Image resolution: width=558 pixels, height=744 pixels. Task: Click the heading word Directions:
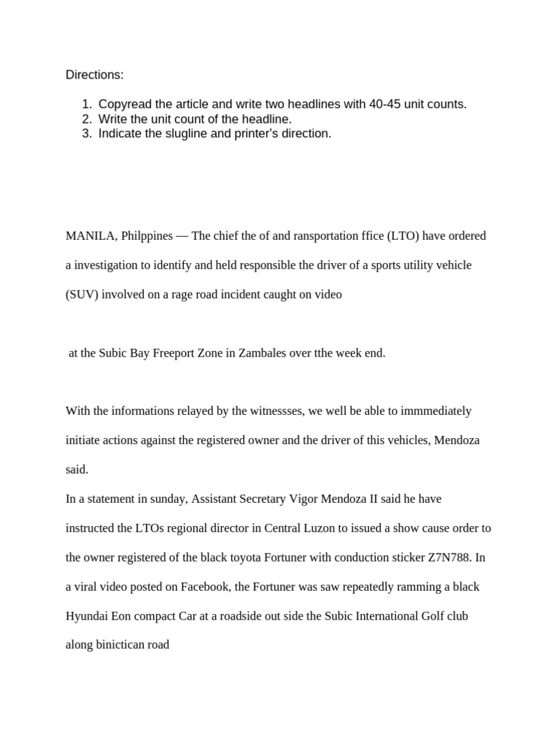pos(94,75)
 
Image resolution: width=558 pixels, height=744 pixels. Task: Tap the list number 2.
pos(86,119)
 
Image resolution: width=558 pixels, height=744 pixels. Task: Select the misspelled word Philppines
pos(147,236)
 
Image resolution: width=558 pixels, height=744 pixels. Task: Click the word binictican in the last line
pos(118,645)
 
